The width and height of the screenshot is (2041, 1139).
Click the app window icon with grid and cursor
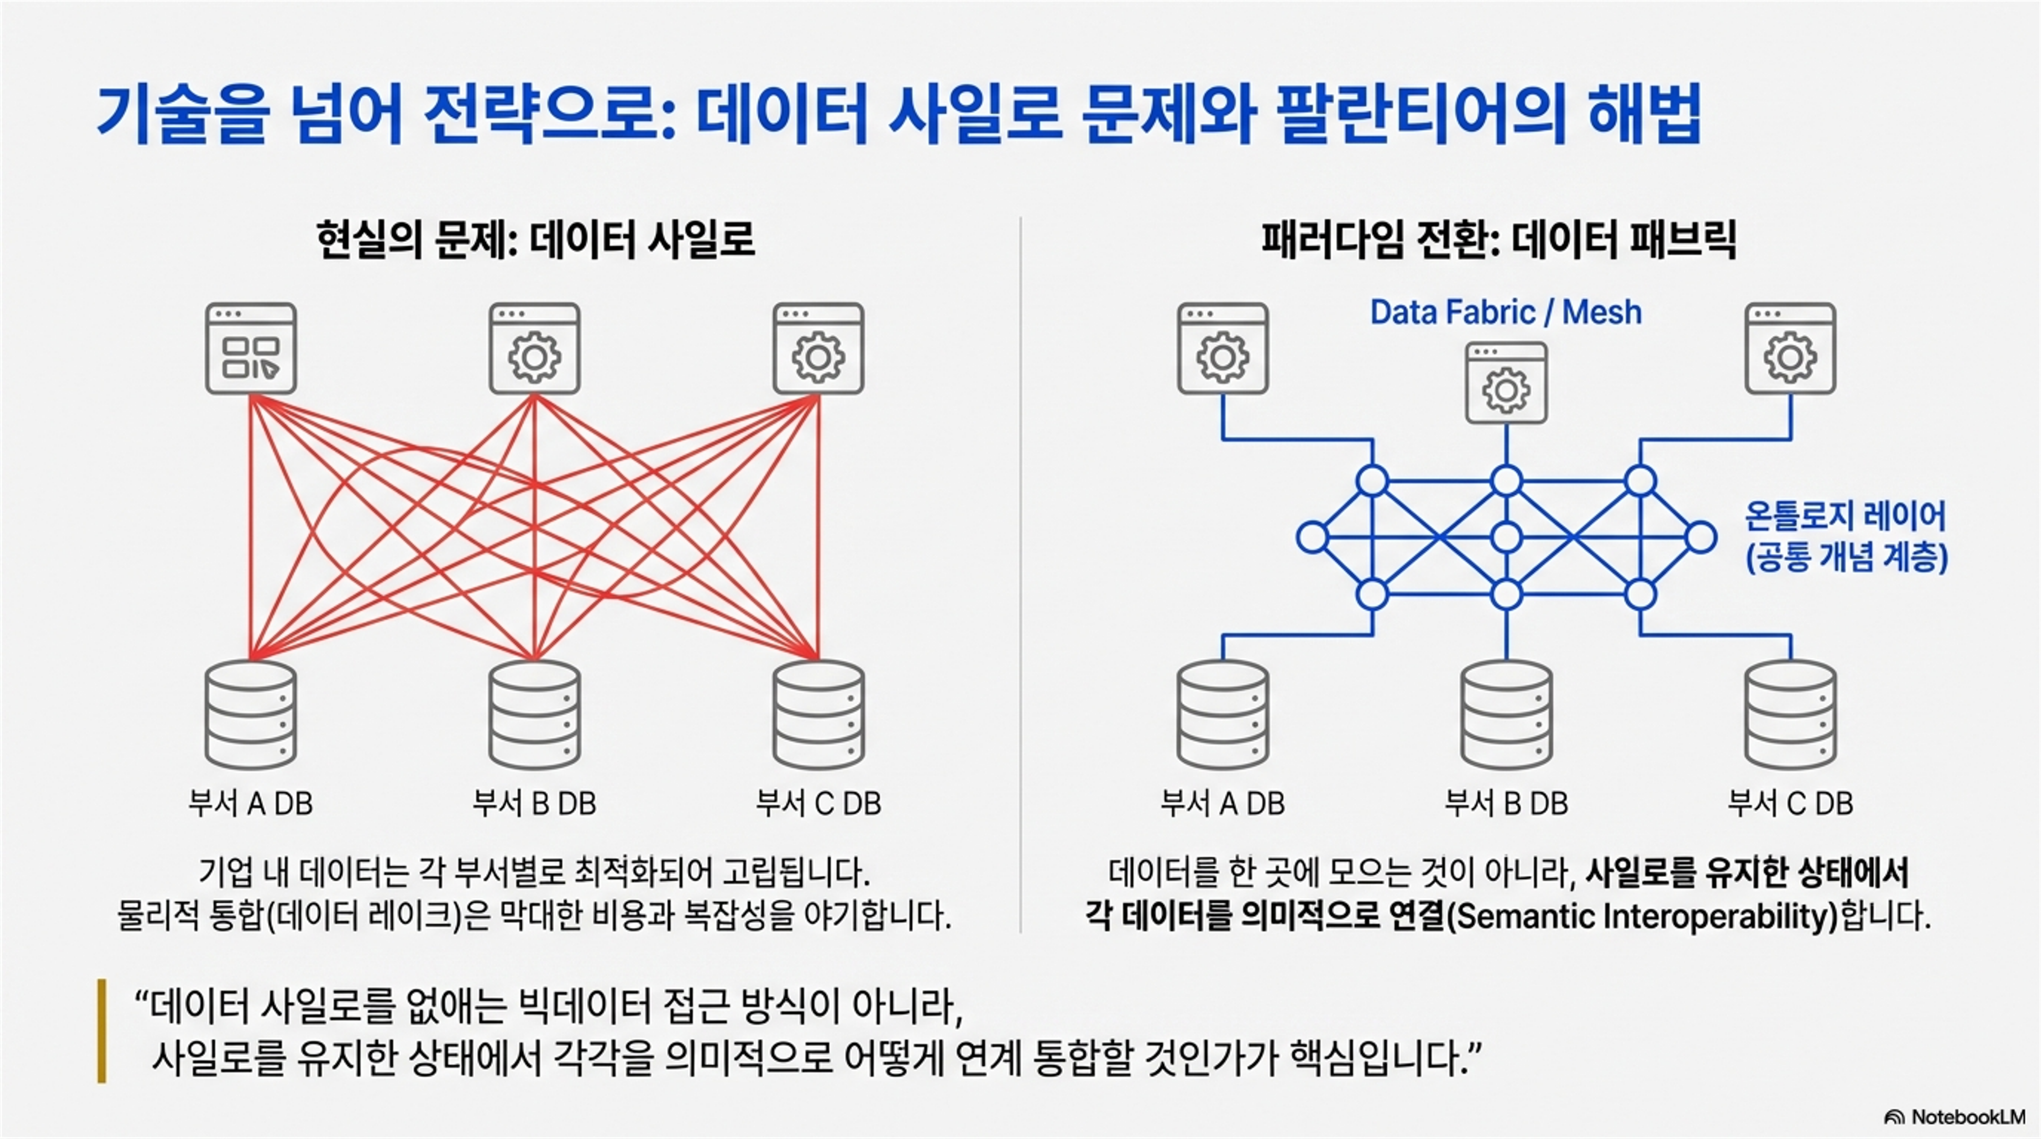(x=250, y=348)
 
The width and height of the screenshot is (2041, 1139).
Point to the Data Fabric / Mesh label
(x=1506, y=313)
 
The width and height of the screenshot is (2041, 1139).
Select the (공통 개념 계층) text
(x=1847, y=558)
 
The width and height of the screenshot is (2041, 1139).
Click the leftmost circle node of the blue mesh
(x=1312, y=537)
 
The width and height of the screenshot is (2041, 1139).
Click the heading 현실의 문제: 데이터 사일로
(x=535, y=239)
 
